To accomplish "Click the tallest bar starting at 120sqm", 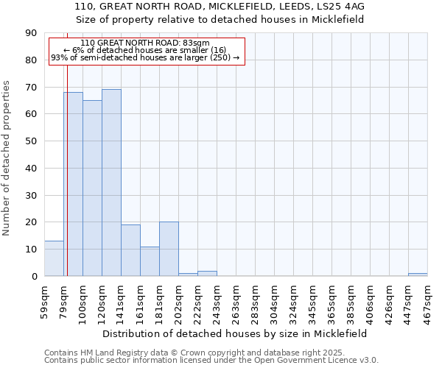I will tap(111, 183).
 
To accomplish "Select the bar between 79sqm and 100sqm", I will tap(73, 184).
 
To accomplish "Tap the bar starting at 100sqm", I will tap(92, 188).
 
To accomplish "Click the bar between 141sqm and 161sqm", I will tap(130, 250).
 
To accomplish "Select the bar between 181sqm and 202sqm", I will tap(169, 249).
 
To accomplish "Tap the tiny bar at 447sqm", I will tap(418, 275).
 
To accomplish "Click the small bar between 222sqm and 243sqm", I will tap(207, 274).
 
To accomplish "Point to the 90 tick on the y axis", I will tap(31, 33).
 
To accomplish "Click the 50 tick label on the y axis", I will tap(31, 141).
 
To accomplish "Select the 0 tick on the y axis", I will tap(34, 277).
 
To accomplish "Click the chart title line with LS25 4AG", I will tap(220, 7).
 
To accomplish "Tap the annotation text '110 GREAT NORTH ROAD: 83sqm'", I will tap(145, 43).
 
